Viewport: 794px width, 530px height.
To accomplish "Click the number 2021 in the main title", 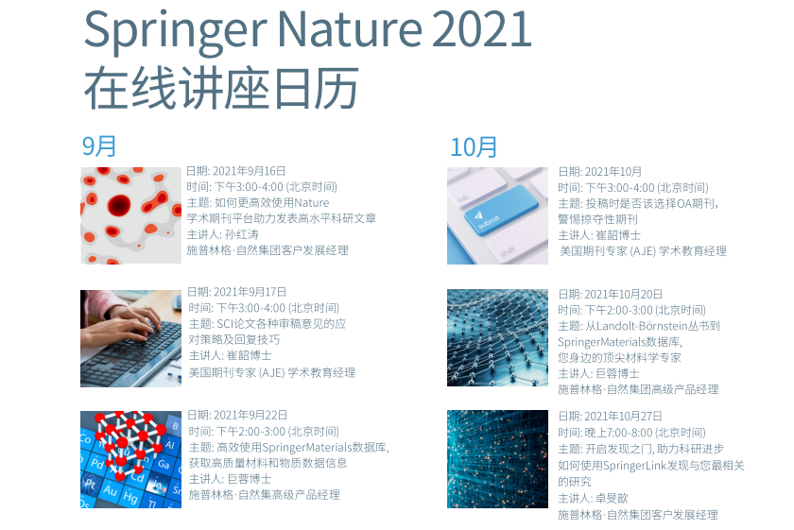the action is coord(482,29).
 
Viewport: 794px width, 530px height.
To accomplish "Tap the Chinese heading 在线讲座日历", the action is coord(221,88).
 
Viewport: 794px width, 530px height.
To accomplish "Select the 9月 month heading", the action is coord(99,146).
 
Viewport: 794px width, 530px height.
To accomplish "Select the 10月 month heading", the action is coord(474,147).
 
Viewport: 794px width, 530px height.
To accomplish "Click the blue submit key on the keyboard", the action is coord(501,210).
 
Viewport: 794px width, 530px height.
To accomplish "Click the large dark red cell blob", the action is coord(119,205).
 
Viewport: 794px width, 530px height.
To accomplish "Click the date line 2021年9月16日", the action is coord(236,171).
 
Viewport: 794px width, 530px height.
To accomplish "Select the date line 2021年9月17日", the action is coord(237,292).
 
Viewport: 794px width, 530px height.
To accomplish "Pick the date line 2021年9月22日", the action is coord(237,415).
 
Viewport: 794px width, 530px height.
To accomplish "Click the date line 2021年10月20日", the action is coord(611,294).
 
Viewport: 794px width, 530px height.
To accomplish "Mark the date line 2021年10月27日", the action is coord(611,416).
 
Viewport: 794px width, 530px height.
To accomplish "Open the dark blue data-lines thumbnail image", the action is coord(497,459).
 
